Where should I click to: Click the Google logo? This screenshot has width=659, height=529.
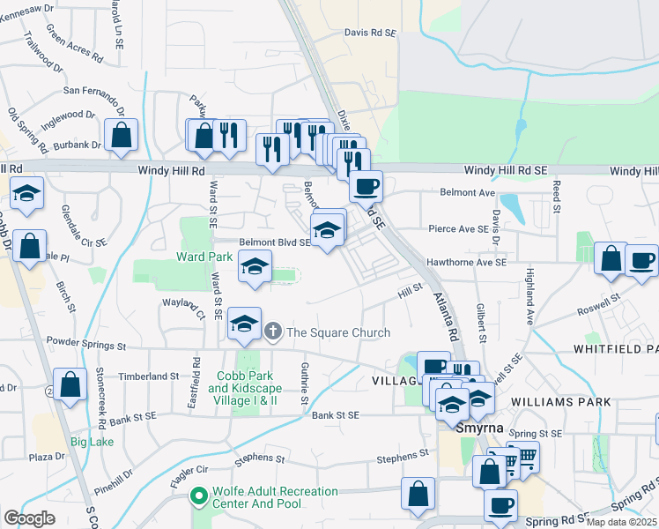tap(29, 518)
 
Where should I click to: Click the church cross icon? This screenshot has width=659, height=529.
tap(273, 332)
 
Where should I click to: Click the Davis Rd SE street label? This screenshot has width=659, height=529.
tap(371, 32)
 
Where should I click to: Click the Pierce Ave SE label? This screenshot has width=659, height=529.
tap(458, 228)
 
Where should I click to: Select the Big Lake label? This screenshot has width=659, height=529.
tap(92, 441)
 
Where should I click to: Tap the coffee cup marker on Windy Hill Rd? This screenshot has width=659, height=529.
tap(366, 186)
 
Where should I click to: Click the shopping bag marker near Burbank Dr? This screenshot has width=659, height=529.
tap(121, 136)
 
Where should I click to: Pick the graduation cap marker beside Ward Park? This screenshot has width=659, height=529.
tap(255, 267)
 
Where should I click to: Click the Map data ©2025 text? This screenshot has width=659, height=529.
tap(622, 522)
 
